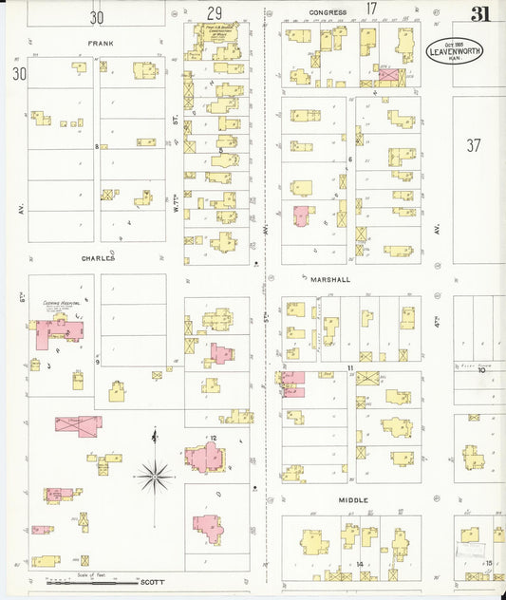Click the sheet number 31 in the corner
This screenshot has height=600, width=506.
coord(481,13)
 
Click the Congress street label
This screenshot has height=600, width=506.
coord(328,12)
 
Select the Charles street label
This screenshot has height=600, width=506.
coord(98,257)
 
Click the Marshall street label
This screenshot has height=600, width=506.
coord(330,280)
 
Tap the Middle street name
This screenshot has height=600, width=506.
coord(353,499)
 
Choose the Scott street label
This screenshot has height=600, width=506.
coord(153,582)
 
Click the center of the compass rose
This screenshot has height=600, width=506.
coord(154,474)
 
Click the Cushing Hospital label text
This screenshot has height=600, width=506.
coord(58,303)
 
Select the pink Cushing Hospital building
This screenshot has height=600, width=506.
coord(59,332)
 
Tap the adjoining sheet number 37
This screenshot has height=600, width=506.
coord(475,145)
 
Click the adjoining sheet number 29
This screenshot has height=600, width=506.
coord(215,12)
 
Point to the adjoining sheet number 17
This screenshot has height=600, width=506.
coord(371,9)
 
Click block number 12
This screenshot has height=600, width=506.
coord(214,438)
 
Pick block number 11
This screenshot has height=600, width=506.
coord(349,366)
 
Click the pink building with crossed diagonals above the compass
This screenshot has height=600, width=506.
coord(78,425)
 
